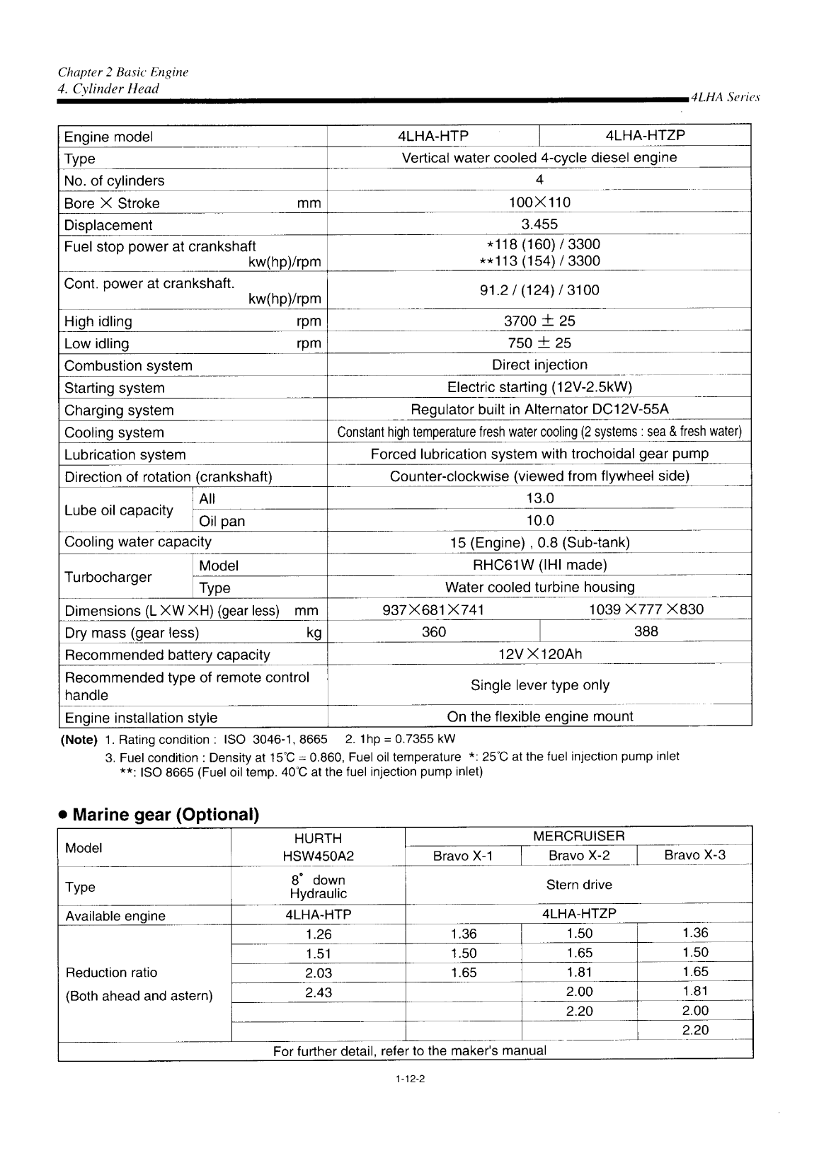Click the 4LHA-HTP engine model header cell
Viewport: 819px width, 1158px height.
(x=433, y=136)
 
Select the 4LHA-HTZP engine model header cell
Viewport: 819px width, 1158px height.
(x=645, y=135)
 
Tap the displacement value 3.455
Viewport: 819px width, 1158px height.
(x=539, y=224)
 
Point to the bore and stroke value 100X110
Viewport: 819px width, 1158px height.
(x=539, y=202)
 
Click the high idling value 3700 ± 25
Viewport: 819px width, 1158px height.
(x=539, y=321)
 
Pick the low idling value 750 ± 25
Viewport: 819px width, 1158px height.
(x=539, y=343)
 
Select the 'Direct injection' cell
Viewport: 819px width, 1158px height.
(x=539, y=365)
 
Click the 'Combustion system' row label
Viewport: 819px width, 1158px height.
(x=128, y=366)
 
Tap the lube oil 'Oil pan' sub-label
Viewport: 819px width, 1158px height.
(x=222, y=522)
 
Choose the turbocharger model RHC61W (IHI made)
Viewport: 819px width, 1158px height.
(x=539, y=565)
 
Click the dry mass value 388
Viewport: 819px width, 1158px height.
(x=646, y=631)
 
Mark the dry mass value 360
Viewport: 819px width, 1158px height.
(x=433, y=631)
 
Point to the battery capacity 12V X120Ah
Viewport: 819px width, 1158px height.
(x=539, y=654)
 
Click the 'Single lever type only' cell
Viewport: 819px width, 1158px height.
(x=539, y=685)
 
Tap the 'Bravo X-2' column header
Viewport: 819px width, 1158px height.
(x=579, y=856)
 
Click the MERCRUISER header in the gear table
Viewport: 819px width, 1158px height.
(x=578, y=837)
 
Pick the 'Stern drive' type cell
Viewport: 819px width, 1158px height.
(x=578, y=885)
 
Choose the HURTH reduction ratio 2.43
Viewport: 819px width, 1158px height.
(x=319, y=992)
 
